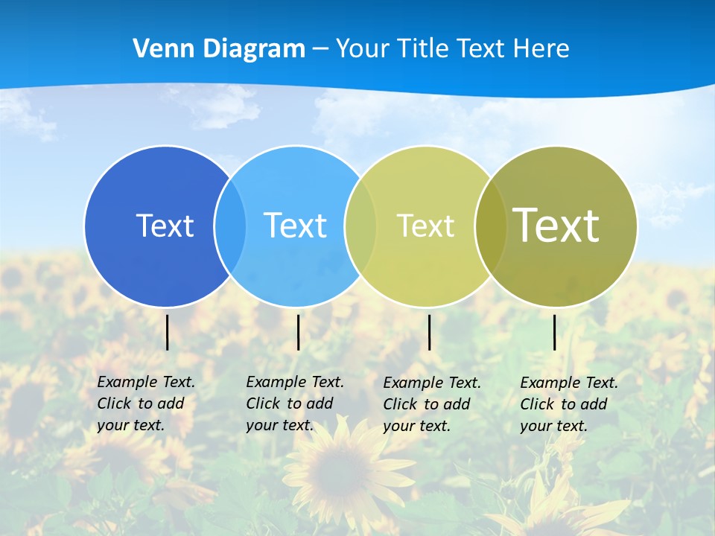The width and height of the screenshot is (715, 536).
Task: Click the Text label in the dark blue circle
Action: tap(165, 226)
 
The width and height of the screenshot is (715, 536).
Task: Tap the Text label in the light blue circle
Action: tap(295, 226)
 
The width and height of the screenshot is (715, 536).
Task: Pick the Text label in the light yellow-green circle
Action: tap(425, 226)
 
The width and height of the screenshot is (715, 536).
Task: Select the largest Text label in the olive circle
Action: tap(556, 226)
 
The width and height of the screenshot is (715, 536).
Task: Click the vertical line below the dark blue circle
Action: tap(168, 332)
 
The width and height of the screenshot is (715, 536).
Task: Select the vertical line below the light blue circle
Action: tap(298, 332)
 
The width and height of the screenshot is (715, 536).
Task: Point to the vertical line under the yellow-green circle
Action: tap(430, 332)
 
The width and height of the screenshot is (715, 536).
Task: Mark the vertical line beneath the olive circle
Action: tap(555, 332)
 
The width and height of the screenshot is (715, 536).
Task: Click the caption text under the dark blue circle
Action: tap(145, 403)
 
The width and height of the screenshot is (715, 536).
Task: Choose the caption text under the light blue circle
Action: tap(294, 403)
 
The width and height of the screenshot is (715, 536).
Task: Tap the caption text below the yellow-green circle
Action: tap(431, 404)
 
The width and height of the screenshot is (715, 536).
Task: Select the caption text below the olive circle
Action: tap(568, 404)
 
